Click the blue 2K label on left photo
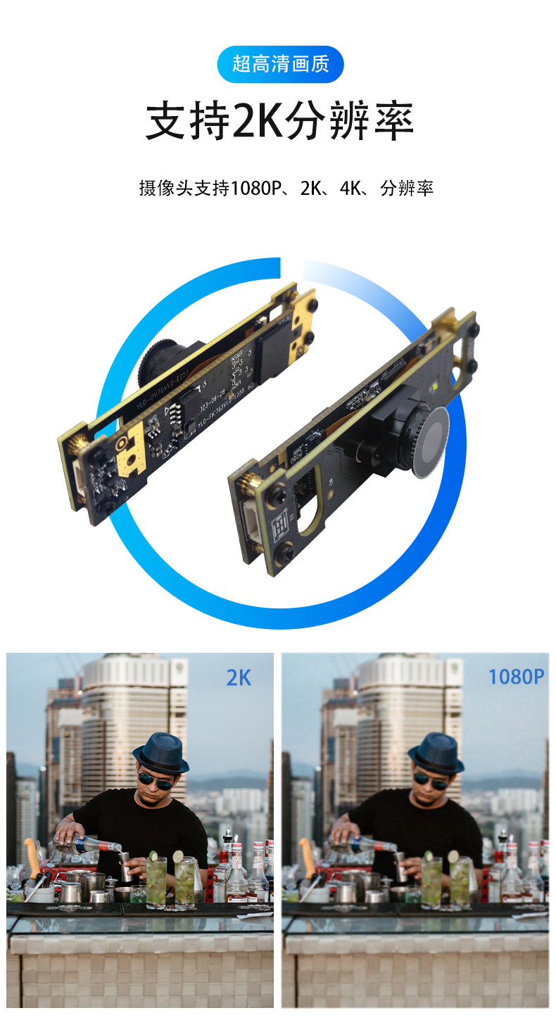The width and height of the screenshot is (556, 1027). [x=239, y=677]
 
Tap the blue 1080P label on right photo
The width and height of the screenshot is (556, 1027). [x=516, y=677]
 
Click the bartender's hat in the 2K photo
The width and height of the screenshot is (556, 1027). [x=160, y=751]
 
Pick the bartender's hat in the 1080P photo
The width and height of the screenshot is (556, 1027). [x=436, y=751]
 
